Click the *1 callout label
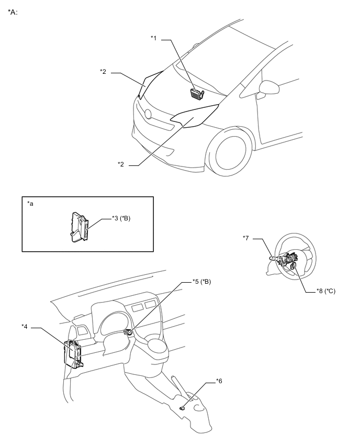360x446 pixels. pyautogui.click(x=153, y=38)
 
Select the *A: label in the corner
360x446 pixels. pyautogui.click(x=13, y=12)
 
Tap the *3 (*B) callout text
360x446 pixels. pyautogui.click(x=121, y=218)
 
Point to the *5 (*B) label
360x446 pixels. pyautogui.click(x=201, y=282)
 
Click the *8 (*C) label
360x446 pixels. pyautogui.click(x=326, y=291)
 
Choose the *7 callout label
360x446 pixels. pyautogui.click(x=246, y=238)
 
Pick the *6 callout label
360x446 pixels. pyautogui.click(x=219, y=381)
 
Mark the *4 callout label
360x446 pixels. pyautogui.click(x=25, y=326)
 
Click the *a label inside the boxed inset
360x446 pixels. pyautogui.click(x=30, y=204)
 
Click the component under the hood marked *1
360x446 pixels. pyautogui.click(x=197, y=94)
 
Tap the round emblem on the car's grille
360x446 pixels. pyautogui.click(x=148, y=114)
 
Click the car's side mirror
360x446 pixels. pyautogui.click(x=268, y=88)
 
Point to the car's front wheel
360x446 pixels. pyautogui.click(x=230, y=154)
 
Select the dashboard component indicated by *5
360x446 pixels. pyautogui.click(x=129, y=332)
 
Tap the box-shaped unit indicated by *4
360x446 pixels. pyautogui.click(x=73, y=354)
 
